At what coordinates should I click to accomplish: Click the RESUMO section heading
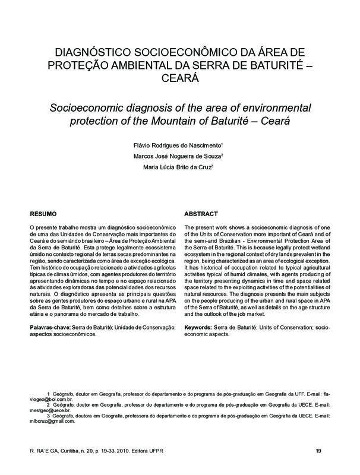tap(43, 214)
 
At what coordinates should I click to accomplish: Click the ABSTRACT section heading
tap(201, 214)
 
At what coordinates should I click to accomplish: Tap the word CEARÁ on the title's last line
tap(180, 78)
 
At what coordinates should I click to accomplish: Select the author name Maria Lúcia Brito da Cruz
tap(181, 167)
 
